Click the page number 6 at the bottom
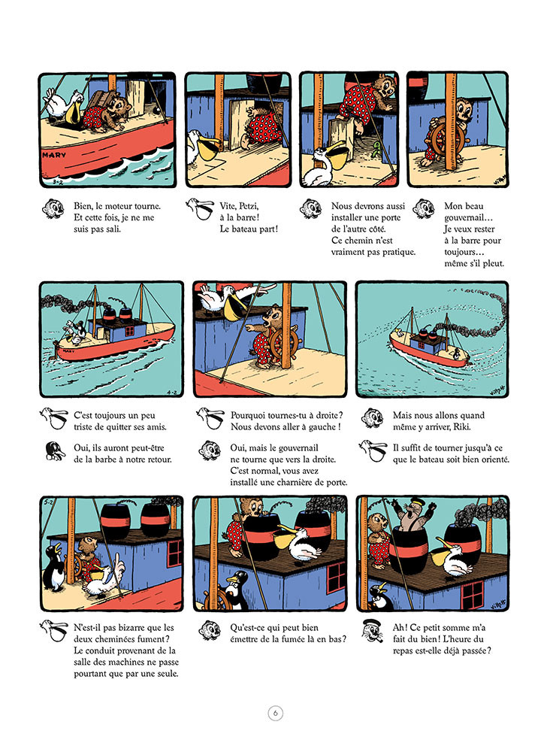(x=275, y=713)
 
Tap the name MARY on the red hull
(x=53, y=156)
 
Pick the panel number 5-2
(x=48, y=502)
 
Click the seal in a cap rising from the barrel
(x=414, y=516)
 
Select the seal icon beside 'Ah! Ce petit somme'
(x=372, y=631)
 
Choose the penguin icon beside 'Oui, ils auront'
(x=55, y=451)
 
